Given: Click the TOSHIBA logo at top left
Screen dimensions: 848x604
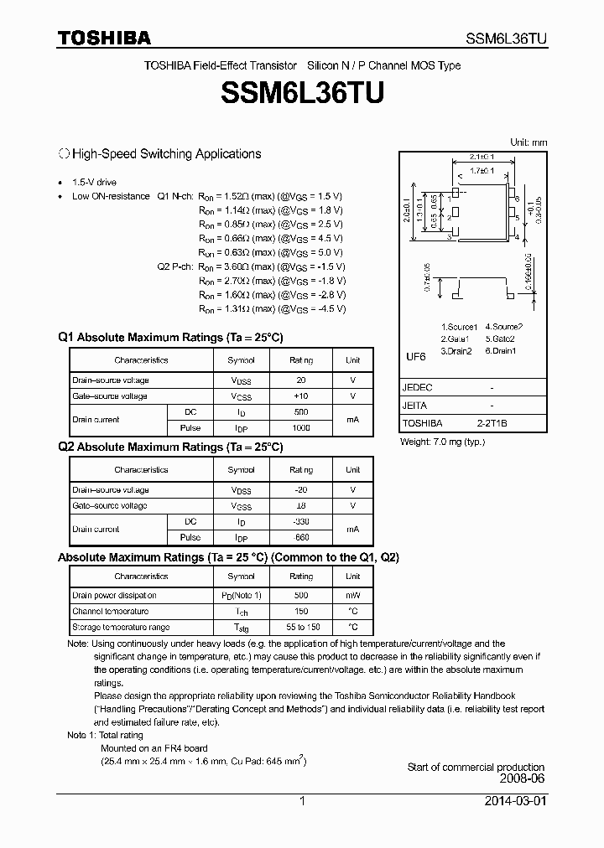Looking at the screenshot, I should coord(104,39).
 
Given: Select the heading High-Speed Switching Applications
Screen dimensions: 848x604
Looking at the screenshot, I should coord(165,154).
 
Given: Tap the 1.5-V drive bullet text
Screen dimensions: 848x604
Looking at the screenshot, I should coord(94,182).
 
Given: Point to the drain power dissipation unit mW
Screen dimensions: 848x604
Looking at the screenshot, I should coord(352,595).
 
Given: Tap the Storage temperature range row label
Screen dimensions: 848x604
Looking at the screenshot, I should coord(121,627).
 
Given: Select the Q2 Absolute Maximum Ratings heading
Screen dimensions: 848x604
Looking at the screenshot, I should coord(170,447).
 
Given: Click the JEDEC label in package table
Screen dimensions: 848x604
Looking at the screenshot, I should coord(417,388).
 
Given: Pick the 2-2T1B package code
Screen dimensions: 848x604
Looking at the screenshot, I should coord(492,424).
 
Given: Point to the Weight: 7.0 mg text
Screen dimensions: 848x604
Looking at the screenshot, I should coord(442,441).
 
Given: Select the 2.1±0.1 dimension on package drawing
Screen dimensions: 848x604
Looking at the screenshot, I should coord(482,157).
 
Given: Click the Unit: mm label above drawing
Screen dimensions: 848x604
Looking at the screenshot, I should coord(528,142).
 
